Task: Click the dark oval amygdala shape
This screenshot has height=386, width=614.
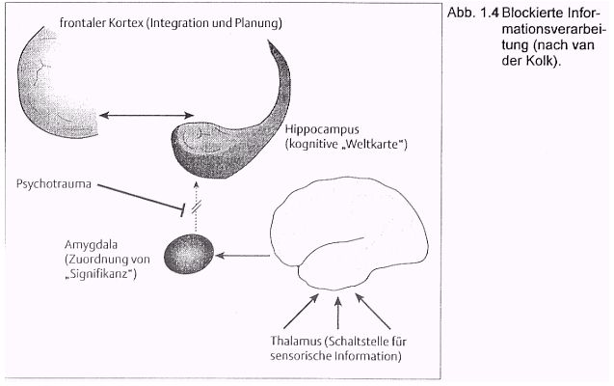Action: [x=189, y=254]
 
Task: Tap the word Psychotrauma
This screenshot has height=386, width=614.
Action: [x=54, y=184]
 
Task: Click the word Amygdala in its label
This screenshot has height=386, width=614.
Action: [x=91, y=245]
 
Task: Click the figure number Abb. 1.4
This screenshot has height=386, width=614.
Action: [x=473, y=13]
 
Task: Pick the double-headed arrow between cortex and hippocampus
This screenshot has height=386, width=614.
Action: [x=147, y=115]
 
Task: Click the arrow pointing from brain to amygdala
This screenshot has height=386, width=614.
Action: [x=243, y=256]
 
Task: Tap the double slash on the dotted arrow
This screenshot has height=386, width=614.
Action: [x=197, y=207]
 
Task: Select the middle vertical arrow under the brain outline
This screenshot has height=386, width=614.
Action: [x=338, y=313]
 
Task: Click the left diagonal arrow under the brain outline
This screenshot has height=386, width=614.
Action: [x=301, y=312]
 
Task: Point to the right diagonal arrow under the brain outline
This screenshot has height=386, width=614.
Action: [x=373, y=312]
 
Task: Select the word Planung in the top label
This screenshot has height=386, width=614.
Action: [x=256, y=23]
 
